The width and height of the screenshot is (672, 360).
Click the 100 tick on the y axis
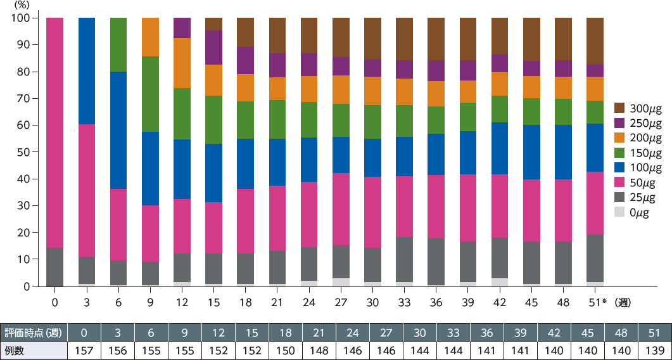pos(20,18)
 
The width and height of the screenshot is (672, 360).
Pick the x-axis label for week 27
pos(340,302)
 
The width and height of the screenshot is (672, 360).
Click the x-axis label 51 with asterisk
pos(597,302)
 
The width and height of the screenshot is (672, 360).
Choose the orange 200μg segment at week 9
pos(150,37)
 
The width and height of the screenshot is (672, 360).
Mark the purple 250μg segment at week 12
pos(182,28)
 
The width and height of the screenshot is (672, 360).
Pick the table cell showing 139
pos(655,350)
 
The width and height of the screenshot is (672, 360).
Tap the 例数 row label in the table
pos(15,350)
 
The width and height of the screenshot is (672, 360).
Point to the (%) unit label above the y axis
pos(20,5)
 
